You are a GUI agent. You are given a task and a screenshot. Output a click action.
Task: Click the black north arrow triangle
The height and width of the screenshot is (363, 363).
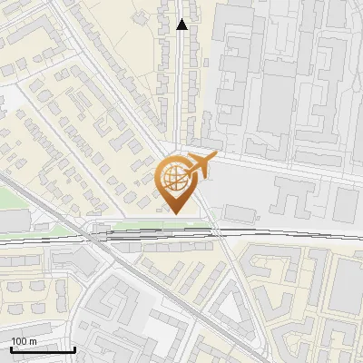[x=182, y=25]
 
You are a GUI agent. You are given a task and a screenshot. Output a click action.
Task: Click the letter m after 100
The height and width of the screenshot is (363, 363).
[x=33, y=340]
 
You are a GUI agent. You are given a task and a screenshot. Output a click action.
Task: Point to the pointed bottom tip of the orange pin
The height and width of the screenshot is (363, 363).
[x=176, y=214]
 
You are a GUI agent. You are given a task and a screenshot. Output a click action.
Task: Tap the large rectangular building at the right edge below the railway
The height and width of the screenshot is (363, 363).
[x=345, y=290]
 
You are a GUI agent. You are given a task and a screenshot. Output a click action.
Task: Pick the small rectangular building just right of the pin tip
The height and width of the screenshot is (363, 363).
[x=240, y=212]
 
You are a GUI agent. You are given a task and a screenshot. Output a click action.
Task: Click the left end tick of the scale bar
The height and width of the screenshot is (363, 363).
[x=11, y=348]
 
